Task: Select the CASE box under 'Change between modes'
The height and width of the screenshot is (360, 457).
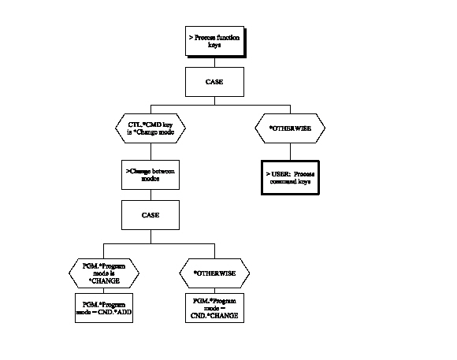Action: (146, 213)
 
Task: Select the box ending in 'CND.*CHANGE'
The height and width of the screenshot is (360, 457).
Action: (215, 307)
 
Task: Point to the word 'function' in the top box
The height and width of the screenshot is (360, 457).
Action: (221, 38)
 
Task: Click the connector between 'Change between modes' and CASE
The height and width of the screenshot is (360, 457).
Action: (146, 194)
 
